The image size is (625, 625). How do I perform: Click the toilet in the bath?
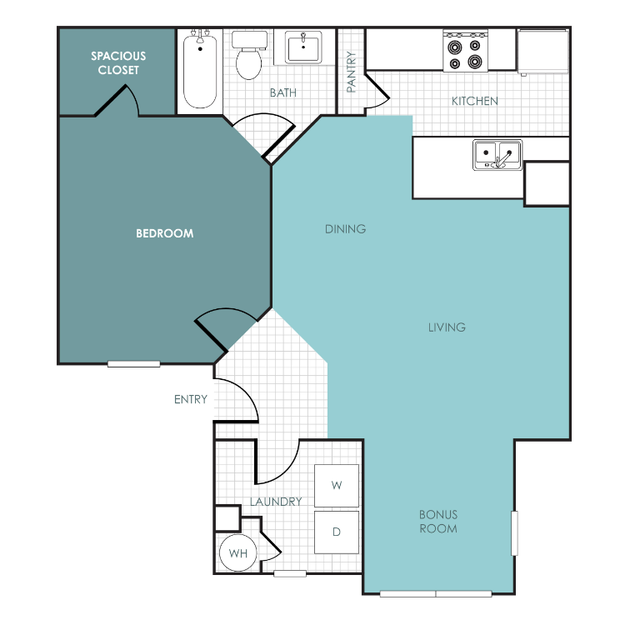pyautogui.click(x=249, y=55)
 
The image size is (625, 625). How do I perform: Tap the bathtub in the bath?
pyautogui.click(x=200, y=71)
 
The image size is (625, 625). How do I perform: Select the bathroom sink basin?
pyautogui.click(x=303, y=47)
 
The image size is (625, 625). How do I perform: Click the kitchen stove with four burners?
pyautogui.click(x=465, y=52)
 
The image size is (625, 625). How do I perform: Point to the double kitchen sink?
pyautogui.click(x=497, y=155)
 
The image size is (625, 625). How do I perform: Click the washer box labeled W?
pyautogui.click(x=337, y=485)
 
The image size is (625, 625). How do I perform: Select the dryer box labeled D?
pyautogui.click(x=337, y=532)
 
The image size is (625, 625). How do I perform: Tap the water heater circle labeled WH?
pyautogui.click(x=238, y=552)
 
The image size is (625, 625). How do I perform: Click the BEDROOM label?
pyautogui.click(x=165, y=233)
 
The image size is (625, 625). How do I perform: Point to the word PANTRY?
pyautogui.click(x=351, y=72)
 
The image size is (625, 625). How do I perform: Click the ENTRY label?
pyautogui.click(x=191, y=399)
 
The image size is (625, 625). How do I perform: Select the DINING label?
pyautogui.click(x=345, y=229)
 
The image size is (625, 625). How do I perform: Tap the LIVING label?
pyautogui.click(x=447, y=327)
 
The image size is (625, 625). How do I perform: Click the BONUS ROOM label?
pyautogui.click(x=438, y=522)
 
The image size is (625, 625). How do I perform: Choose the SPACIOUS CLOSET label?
pyautogui.click(x=118, y=63)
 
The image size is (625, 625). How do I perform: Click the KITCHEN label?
pyautogui.click(x=475, y=101)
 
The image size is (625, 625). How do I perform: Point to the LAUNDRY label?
pyautogui.click(x=276, y=502)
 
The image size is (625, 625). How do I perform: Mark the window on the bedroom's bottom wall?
pyautogui.click(x=134, y=364)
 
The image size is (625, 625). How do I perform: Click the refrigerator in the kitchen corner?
pyautogui.click(x=543, y=51)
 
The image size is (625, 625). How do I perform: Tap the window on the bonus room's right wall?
pyautogui.click(x=515, y=533)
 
